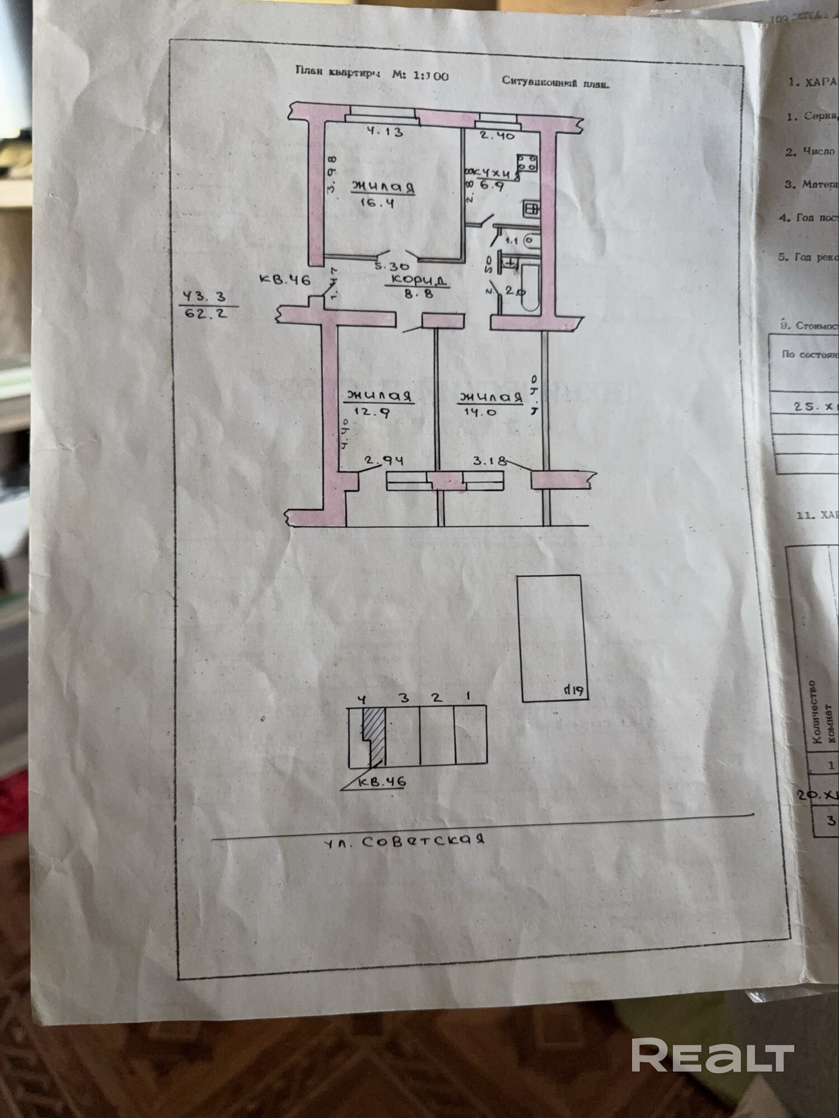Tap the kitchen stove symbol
[x=527, y=163]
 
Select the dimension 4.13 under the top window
[x=385, y=132]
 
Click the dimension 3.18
[x=491, y=461]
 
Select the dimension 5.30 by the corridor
[x=392, y=267]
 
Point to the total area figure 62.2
[x=206, y=313]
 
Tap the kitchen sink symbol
[x=531, y=209]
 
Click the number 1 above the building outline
[x=468, y=697]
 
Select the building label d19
[x=573, y=690]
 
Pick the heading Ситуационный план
[x=555, y=82]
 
